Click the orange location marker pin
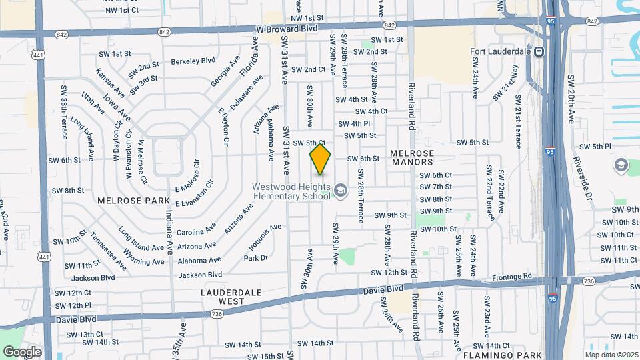tap(321, 159)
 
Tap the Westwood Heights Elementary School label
tap(291, 191)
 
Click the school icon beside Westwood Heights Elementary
tap(341, 192)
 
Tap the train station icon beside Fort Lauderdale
tap(539, 51)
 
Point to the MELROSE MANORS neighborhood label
tap(412, 157)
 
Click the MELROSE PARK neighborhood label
tap(126, 200)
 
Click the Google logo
tap(22, 351)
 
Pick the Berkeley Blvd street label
tap(193, 61)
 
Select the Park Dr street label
tap(255, 258)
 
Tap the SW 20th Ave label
tap(571, 99)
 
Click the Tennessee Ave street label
tap(108, 249)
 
